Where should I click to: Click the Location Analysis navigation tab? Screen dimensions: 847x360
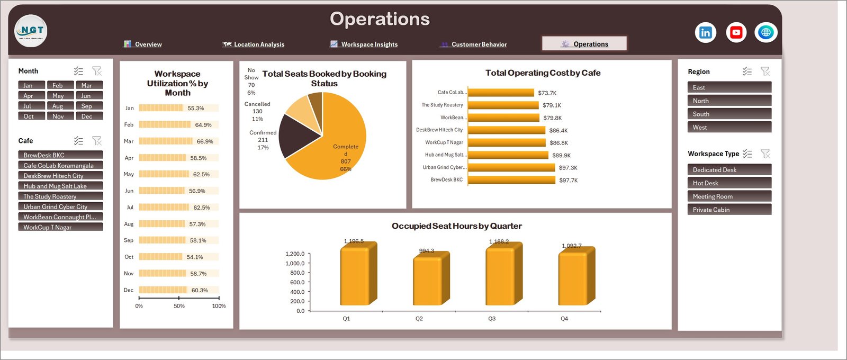coord(254,44)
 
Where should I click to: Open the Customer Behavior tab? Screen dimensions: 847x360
coord(473,44)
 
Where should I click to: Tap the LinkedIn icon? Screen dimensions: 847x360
coord(706,32)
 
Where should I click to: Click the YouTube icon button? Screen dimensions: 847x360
coord(736,32)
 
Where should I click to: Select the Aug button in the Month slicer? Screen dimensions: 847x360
coord(60,106)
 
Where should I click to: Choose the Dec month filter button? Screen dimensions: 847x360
coord(89,116)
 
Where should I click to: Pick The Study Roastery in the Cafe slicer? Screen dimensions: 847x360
coord(60,196)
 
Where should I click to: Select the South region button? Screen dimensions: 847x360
coord(729,114)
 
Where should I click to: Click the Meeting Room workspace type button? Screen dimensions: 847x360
coord(729,196)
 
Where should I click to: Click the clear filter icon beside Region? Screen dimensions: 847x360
coord(765,71)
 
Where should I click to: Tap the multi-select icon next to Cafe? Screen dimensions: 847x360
coord(78,141)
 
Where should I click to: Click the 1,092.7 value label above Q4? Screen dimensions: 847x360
coord(572,246)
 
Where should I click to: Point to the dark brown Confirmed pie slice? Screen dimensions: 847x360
coord(297,136)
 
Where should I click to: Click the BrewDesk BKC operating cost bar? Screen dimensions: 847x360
coord(511,180)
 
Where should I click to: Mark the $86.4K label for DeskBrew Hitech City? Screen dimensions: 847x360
coord(558,130)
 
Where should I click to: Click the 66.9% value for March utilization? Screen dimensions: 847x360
coord(205,141)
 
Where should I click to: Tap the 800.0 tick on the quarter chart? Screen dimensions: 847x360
coord(297,273)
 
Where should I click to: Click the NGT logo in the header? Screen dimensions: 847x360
coord(31,31)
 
